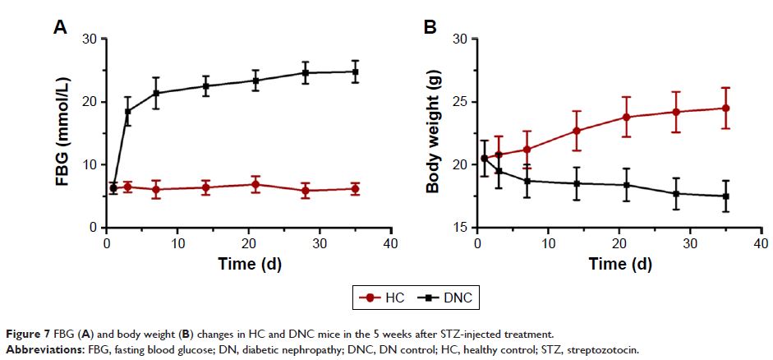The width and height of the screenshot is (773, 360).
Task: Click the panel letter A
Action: pos(59,28)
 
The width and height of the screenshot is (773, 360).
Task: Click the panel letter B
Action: pos(429,28)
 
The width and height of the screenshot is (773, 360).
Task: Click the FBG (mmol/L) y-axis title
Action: pos(63,134)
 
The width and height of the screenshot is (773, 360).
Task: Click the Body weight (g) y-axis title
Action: pos(433,134)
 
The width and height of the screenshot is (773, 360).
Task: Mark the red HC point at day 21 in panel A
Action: pos(255,184)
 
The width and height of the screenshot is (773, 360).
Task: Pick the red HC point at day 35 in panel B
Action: pos(725,108)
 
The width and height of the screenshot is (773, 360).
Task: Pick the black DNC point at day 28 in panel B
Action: pos(676,194)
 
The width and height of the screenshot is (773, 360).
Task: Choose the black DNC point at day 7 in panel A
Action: pos(156,93)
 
